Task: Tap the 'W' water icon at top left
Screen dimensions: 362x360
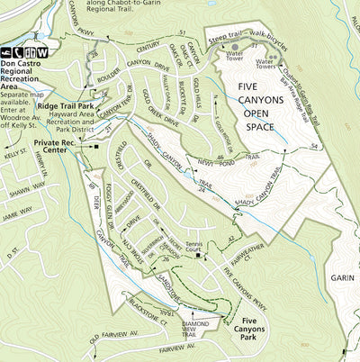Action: coord(42,51)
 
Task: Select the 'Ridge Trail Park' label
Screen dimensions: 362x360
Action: coord(66,105)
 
